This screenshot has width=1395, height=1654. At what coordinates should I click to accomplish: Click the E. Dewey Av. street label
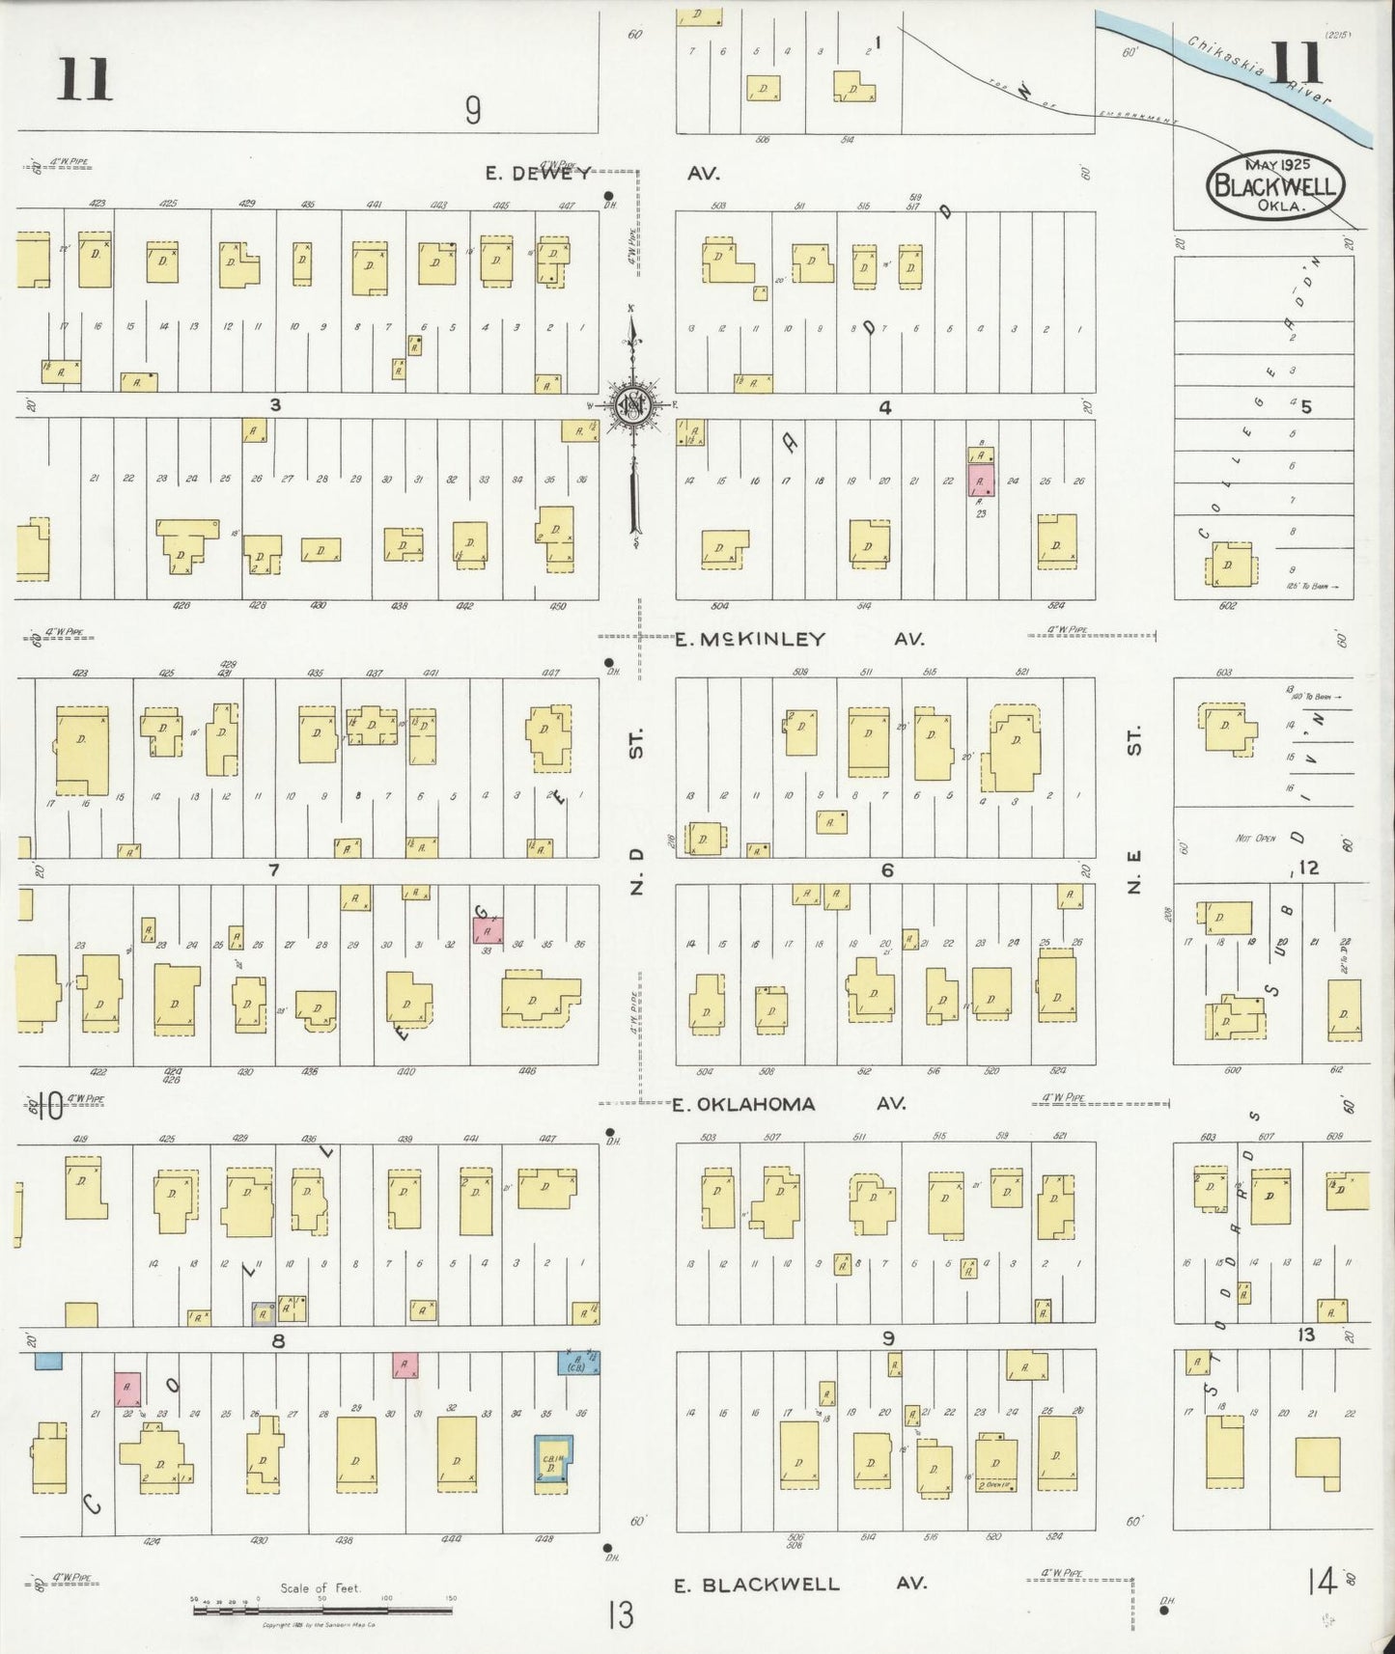[603, 174]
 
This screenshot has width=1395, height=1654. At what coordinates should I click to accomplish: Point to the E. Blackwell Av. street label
[799, 1584]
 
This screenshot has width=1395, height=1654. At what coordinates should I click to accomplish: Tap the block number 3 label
[275, 405]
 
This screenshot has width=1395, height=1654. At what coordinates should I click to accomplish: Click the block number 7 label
[274, 870]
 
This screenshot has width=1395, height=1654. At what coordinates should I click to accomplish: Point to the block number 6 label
[886, 870]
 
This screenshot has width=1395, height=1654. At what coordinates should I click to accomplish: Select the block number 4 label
[884, 407]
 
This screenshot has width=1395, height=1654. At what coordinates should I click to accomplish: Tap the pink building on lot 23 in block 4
[981, 480]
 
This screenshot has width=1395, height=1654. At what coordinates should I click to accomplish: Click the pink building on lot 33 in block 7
[488, 930]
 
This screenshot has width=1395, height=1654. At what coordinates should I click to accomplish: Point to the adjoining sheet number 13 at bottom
[621, 1613]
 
